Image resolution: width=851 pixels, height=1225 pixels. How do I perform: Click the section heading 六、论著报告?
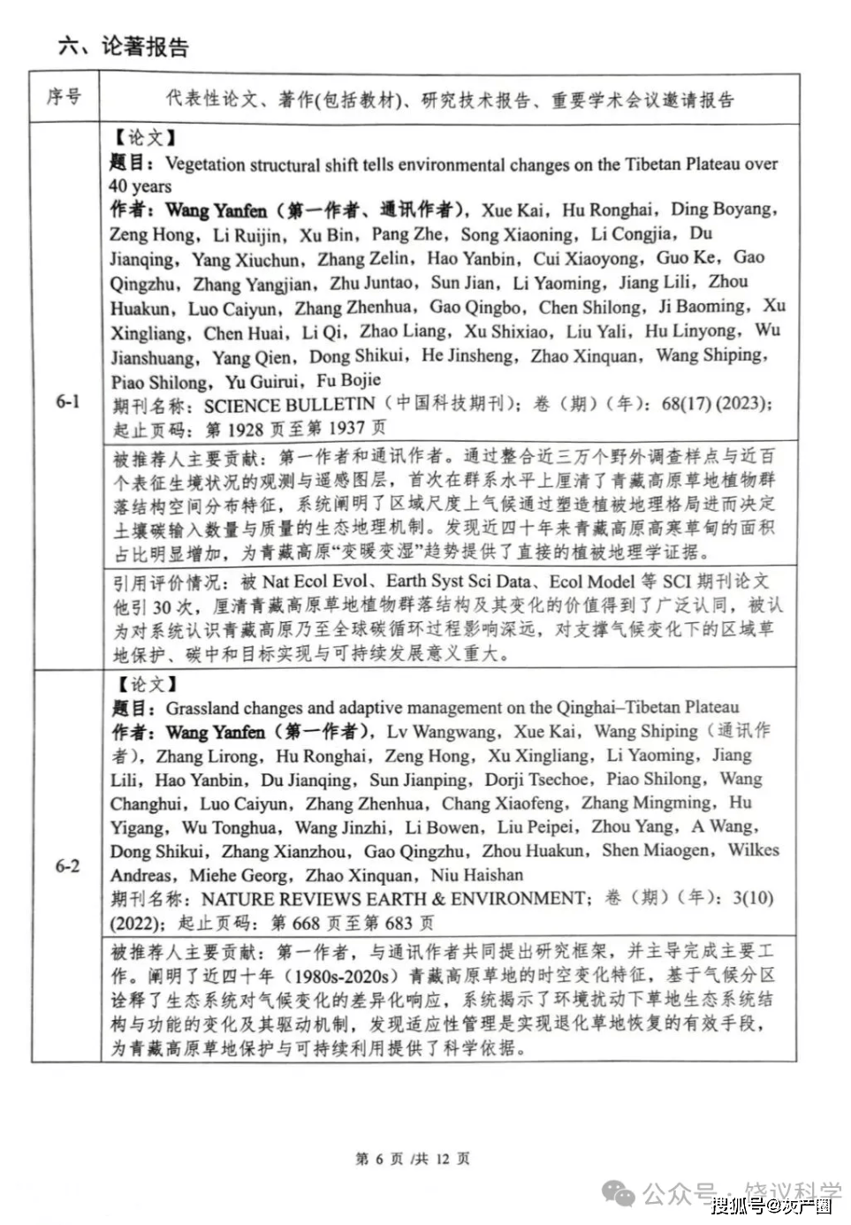tap(123, 46)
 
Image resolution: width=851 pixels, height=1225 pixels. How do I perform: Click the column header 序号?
tap(64, 96)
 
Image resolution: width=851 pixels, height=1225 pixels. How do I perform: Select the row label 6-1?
tap(68, 401)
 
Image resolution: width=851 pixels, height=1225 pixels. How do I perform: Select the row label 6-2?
tap(68, 865)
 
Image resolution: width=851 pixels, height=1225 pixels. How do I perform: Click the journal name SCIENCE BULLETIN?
tap(289, 405)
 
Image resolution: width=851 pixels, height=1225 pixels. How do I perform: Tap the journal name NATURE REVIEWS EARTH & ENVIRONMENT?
tap(393, 899)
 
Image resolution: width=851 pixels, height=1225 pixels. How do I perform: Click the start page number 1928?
tap(247, 429)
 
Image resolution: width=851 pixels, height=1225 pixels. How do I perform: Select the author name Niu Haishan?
tap(477, 875)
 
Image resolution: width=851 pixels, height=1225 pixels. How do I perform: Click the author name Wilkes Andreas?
tap(753, 850)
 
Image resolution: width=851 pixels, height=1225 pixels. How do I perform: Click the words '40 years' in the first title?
tap(141, 186)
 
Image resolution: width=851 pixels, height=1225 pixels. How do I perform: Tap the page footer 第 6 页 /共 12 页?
tap(413, 1159)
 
